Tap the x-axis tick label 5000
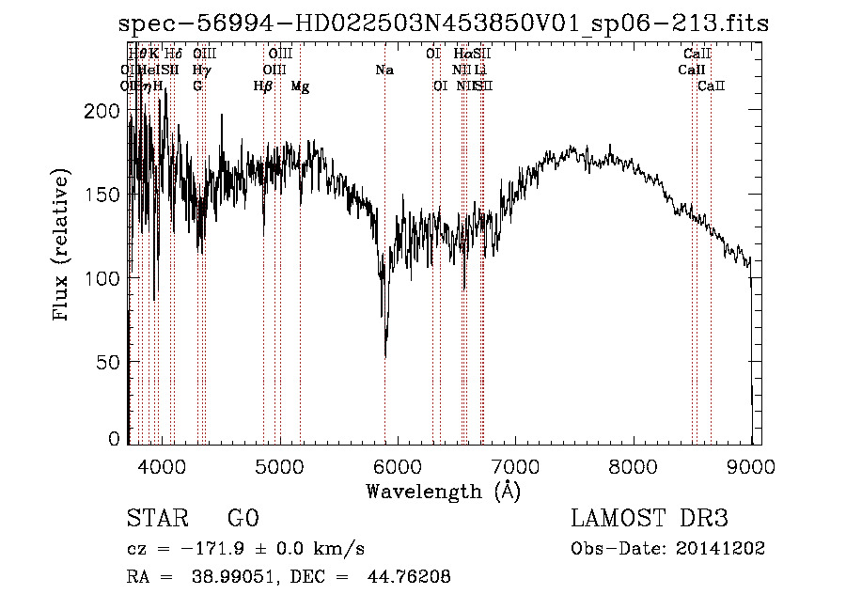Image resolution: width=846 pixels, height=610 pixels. click(x=279, y=465)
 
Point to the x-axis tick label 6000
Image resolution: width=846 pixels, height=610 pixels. click(x=398, y=465)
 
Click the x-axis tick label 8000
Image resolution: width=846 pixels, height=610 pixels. click(x=634, y=465)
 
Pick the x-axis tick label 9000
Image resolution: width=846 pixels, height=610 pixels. click(x=751, y=465)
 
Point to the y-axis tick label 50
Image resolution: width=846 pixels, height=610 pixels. click(x=107, y=362)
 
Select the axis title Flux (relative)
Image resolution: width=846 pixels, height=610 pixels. click(x=62, y=246)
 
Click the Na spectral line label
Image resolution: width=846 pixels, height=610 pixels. click(x=384, y=70)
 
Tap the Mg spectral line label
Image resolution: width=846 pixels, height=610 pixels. click(x=300, y=86)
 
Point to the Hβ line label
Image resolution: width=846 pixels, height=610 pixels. click(x=263, y=86)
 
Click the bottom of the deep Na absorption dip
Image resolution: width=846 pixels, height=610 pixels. click(x=385, y=355)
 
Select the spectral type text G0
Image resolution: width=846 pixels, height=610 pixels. click(x=243, y=520)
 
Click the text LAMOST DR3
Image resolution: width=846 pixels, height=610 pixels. click(x=650, y=520)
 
